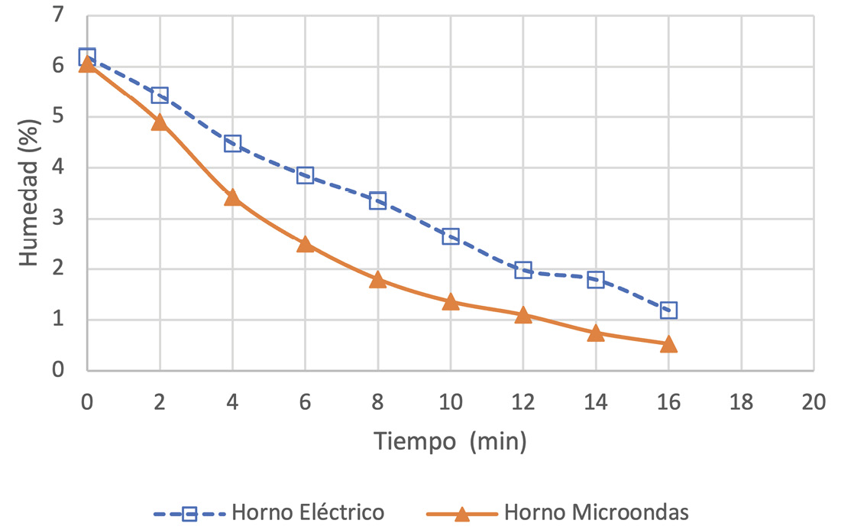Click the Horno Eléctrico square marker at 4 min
[x=232, y=144]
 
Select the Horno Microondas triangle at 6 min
[x=305, y=244]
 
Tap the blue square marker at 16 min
[x=668, y=311]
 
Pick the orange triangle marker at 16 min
[x=668, y=344]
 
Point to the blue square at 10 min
[x=450, y=236]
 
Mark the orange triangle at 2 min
[x=160, y=122]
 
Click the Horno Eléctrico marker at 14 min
[x=596, y=280]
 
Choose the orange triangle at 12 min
[x=523, y=315]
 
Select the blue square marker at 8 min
[x=377, y=201]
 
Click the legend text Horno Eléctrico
[x=308, y=512]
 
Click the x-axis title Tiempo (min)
[x=450, y=441]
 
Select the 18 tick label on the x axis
[x=741, y=402]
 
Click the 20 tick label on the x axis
[x=814, y=402]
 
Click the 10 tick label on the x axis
[x=450, y=402]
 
